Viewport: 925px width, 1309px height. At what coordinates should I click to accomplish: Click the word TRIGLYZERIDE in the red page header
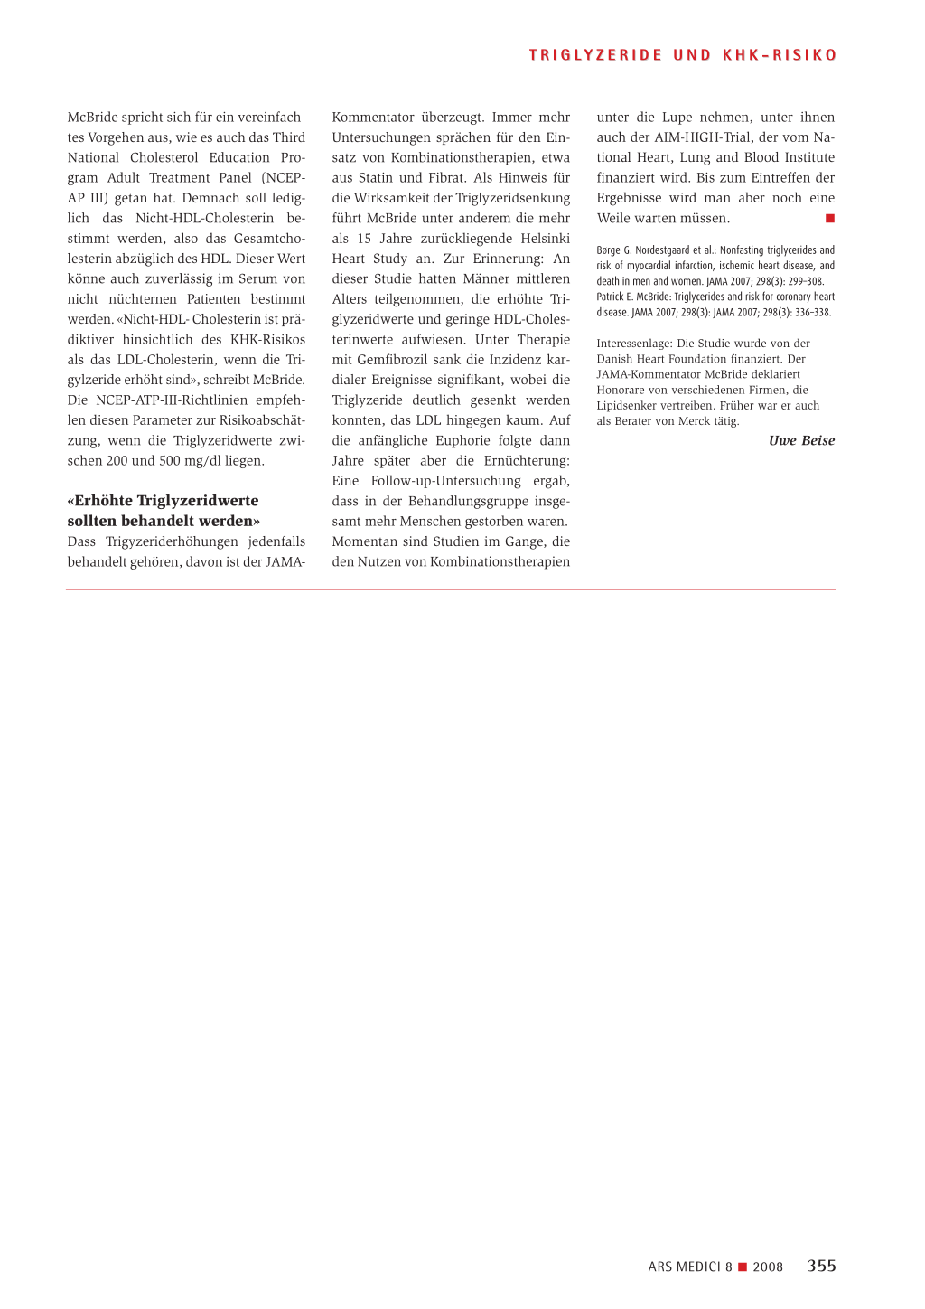tap(595, 55)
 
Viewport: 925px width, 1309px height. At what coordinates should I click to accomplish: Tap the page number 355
tap(821, 1266)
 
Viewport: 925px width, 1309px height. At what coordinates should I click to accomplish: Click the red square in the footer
tap(743, 1267)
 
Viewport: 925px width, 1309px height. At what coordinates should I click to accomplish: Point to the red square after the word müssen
tap(830, 219)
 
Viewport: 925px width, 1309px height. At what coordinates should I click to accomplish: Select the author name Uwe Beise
tap(801, 440)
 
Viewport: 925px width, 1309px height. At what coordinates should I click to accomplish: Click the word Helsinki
tap(545, 239)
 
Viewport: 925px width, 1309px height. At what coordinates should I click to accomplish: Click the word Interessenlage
tap(634, 344)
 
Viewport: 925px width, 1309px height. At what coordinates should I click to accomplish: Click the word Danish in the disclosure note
tap(615, 359)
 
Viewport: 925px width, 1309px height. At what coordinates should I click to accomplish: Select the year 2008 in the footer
tap(768, 1267)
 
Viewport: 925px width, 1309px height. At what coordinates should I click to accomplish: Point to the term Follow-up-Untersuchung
tap(446, 481)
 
